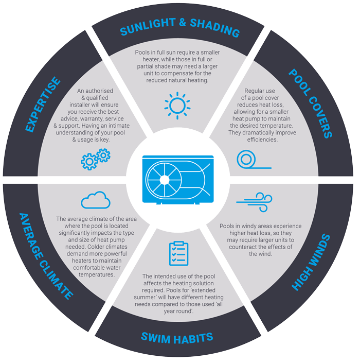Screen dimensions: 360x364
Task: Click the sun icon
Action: pos(177,106)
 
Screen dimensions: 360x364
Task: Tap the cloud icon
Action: pos(96,200)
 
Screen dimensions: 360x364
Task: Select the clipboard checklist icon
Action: pos(178,253)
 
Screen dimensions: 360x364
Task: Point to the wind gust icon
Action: pos(254,202)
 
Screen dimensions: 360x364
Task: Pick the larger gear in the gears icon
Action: pos(89,162)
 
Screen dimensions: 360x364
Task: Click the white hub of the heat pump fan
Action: pos(165,180)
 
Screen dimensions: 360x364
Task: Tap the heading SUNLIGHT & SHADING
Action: pos(180,27)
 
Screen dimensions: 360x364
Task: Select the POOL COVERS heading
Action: pos(311,103)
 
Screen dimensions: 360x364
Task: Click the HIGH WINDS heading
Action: pos(311,262)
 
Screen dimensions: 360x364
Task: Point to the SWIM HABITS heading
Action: pos(177,338)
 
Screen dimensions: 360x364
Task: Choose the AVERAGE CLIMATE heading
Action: pos(46,256)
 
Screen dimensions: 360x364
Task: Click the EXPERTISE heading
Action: pos(43,105)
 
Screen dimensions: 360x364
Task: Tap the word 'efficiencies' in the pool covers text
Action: pos(262,140)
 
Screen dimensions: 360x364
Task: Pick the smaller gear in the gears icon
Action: pos(103,155)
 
